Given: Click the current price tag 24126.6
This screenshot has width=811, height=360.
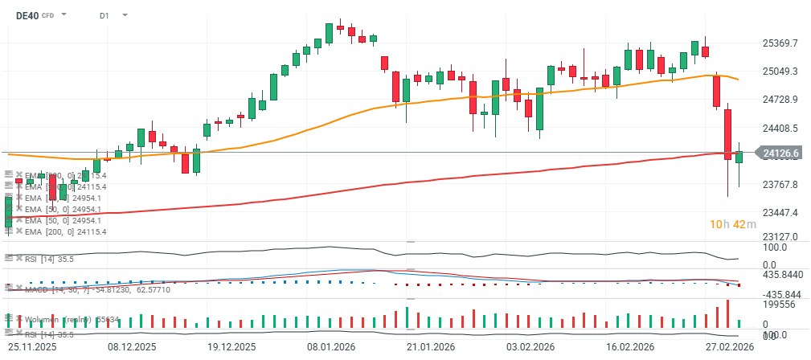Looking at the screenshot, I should [x=780, y=153].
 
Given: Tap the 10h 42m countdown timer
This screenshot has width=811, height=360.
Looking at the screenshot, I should [x=732, y=224].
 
